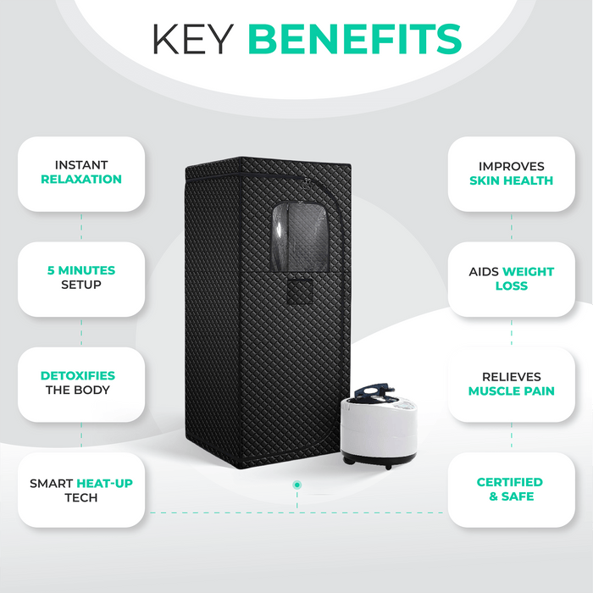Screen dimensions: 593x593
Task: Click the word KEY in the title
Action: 193,39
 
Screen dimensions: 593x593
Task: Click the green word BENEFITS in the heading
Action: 355,39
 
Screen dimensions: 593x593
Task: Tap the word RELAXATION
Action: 81,180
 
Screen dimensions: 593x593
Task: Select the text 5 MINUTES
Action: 81,270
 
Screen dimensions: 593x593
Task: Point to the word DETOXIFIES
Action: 78,375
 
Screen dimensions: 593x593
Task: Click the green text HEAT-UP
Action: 105,484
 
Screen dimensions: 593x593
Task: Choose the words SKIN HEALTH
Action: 512,180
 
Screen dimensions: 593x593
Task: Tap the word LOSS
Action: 512,286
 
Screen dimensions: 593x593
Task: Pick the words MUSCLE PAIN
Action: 512,391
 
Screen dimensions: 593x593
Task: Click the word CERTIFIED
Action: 510,482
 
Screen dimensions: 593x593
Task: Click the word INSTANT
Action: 81,165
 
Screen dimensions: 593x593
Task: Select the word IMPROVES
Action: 512,166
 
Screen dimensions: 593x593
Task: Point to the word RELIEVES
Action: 512,377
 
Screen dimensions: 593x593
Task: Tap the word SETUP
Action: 81,285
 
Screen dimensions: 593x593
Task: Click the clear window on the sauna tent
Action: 300,236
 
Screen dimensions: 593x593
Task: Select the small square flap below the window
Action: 300,291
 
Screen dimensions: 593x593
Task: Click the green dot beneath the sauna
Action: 297,485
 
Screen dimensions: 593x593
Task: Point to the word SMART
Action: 52,484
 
